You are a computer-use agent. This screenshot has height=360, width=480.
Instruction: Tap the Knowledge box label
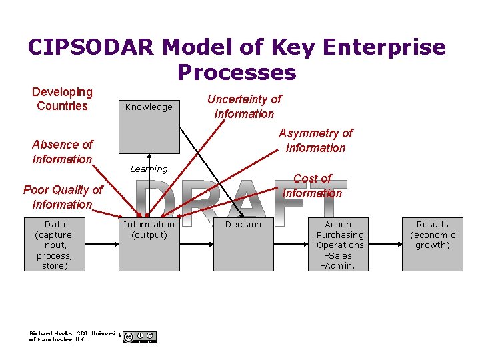tap(149, 107)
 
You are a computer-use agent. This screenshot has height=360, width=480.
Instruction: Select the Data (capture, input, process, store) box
tap(55, 245)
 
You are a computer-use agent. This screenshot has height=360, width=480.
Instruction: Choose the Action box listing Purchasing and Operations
tap(338, 245)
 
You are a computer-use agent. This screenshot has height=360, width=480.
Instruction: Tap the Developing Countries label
tap(62, 99)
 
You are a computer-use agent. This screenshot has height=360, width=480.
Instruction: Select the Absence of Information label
tap(62, 151)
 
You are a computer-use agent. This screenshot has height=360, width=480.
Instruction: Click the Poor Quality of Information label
tap(62, 197)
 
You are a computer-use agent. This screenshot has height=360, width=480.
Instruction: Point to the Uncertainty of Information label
tap(244, 106)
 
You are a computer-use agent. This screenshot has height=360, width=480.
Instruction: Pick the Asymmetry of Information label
tap(315, 141)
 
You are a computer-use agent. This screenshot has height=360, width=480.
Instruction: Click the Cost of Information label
tap(312, 186)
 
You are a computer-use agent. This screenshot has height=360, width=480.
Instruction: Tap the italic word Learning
tap(149, 169)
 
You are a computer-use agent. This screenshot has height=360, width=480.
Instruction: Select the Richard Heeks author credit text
tap(75, 336)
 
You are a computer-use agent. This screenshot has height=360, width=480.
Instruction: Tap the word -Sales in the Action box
tap(338, 255)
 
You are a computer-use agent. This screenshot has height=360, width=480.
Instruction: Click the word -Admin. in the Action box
tap(338, 266)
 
